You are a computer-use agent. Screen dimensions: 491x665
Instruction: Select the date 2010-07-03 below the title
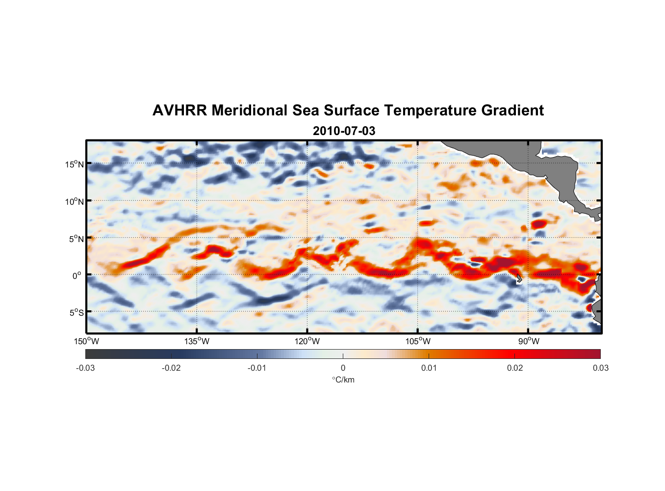click(344, 131)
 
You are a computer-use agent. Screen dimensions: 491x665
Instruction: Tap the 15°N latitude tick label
click(75, 164)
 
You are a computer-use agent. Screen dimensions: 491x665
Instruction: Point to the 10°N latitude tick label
click(75, 201)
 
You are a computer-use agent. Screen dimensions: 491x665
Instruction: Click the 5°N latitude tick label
click(77, 239)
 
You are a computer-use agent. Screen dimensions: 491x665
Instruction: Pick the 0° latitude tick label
click(77, 275)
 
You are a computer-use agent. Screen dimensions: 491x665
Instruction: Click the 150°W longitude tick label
click(86, 341)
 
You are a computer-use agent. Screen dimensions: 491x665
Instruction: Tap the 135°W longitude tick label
click(197, 341)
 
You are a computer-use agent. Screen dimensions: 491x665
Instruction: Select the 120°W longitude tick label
click(307, 341)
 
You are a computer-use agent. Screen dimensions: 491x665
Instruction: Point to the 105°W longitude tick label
click(418, 341)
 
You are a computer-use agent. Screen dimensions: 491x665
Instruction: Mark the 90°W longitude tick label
click(529, 341)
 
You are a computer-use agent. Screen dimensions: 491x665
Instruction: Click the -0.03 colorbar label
click(85, 368)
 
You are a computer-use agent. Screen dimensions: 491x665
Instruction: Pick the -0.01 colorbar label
click(257, 368)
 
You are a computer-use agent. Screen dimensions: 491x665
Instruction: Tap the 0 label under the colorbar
click(343, 368)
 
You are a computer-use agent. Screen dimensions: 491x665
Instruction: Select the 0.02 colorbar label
click(515, 368)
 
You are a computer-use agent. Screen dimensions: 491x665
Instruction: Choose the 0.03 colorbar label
click(600, 368)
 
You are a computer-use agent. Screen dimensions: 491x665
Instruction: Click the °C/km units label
click(343, 380)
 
